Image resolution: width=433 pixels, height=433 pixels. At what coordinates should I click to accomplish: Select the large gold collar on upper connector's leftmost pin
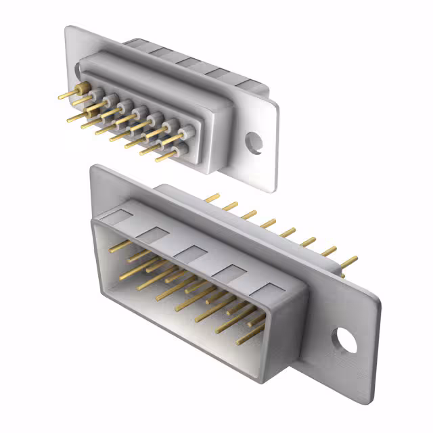click(83, 89)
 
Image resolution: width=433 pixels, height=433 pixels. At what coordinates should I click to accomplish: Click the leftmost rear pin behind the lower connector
click(212, 198)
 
